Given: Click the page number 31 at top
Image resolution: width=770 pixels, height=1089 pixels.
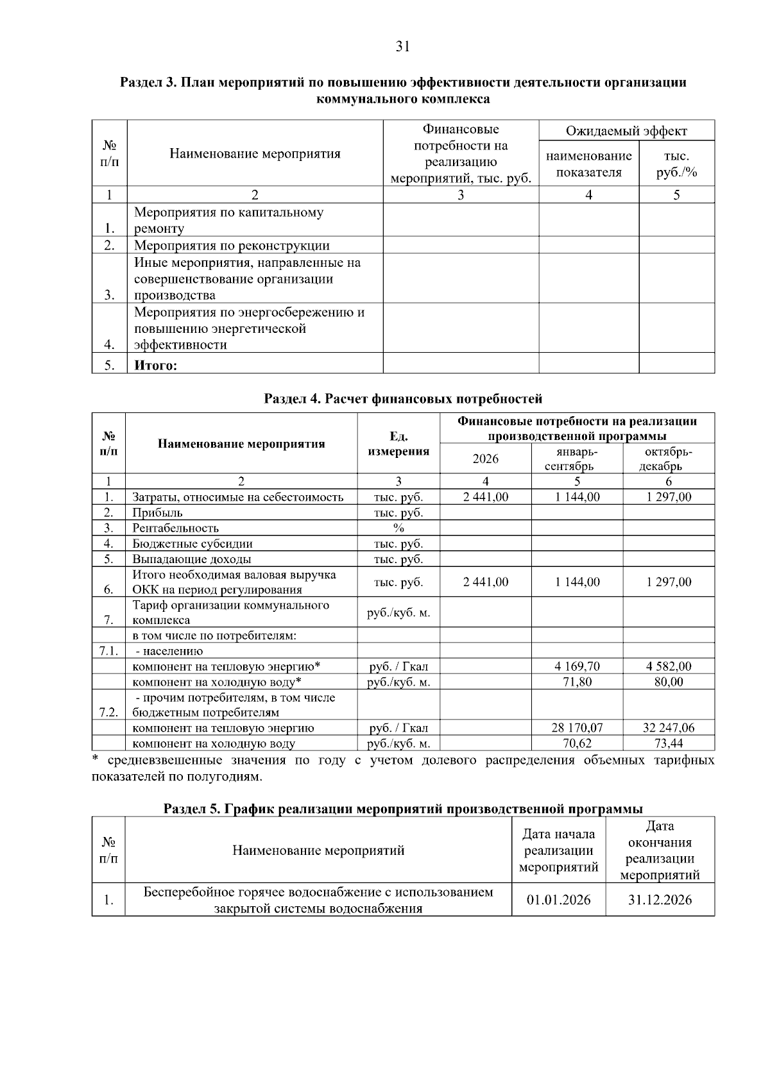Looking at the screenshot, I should [x=403, y=46].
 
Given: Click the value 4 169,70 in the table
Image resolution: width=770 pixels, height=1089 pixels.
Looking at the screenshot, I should [x=577, y=666].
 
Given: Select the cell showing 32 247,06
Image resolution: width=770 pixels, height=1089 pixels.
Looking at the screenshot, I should [x=669, y=728].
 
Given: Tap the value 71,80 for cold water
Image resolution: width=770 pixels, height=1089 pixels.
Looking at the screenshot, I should [x=577, y=682].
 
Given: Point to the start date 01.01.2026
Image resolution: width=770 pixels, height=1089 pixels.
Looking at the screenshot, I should [x=558, y=900].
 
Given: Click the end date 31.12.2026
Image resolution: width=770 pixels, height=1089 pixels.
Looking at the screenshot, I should [x=660, y=900].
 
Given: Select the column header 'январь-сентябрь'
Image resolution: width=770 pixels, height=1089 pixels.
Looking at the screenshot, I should [x=577, y=459].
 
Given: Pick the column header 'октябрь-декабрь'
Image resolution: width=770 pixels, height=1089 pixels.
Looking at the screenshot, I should [x=669, y=459].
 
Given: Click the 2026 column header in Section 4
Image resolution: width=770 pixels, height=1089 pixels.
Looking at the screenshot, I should [x=485, y=459].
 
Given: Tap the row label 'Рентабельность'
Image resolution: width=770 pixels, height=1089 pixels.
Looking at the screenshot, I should [x=175, y=528].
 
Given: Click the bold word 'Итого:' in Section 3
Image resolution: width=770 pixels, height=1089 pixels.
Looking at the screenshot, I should [x=155, y=366].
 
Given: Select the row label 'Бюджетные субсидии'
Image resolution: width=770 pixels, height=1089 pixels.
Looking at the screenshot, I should [x=193, y=544].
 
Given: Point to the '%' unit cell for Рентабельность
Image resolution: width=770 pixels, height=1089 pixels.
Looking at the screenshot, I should [x=398, y=528].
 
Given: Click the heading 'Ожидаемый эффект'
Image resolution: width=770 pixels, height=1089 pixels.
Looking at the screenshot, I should [x=626, y=131].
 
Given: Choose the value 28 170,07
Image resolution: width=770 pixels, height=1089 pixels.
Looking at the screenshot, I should [x=577, y=728].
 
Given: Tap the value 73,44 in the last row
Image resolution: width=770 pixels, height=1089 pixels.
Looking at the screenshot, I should [x=669, y=743].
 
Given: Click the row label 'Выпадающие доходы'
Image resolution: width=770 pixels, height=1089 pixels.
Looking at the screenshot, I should [x=191, y=559].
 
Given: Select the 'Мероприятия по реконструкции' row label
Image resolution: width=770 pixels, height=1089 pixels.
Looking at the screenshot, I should [x=232, y=246].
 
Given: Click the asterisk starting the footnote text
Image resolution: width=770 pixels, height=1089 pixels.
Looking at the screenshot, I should [x=95, y=760].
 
